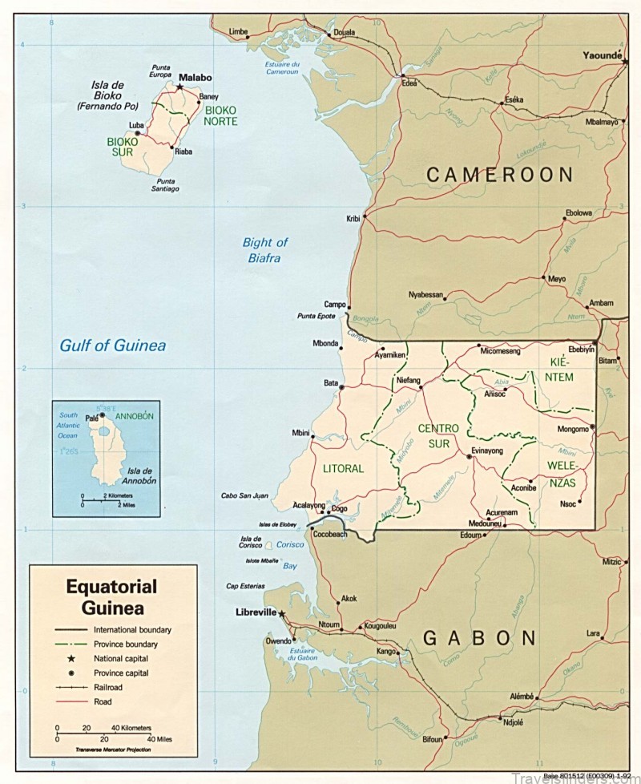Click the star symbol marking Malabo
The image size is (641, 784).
click(x=179, y=87)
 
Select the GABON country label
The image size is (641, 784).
click(x=478, y=638)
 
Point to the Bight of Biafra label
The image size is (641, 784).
click(x=265, y=249)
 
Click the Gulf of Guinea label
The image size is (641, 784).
click(x=113, y=346)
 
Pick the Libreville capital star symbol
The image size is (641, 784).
click(x=282, y=613)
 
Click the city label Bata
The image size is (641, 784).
click(x=331, y=383)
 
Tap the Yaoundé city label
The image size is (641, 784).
click(x=603, y=55)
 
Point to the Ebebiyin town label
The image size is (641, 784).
click(x=581, y=350)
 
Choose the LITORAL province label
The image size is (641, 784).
click(x=343, y=468)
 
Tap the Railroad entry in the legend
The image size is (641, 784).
click(x=108, y=687)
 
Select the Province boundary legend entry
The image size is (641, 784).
click(x=125, y=644)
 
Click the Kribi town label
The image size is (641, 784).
click(x=353, y=218)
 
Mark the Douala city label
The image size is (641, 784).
click(x=343, y=32)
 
